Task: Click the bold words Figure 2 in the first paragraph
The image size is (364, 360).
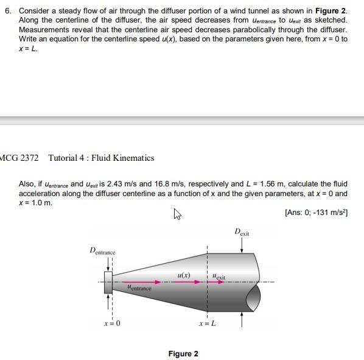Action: click(331, 11)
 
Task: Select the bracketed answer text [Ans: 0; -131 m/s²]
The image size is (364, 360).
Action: click(316, 213)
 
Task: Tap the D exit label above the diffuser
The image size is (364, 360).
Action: click(242, 233)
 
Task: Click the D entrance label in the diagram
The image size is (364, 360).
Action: click(102, 251)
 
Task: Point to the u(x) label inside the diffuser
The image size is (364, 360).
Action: click(184, 275)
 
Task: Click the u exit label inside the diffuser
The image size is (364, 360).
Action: click(219, 277)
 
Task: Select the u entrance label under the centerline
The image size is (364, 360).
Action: click(139, 288)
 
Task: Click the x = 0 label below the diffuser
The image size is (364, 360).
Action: click(112, 323)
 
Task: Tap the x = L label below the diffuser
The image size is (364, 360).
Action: click(207, 323)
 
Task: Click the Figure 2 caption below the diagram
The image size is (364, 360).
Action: click(183, 354)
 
